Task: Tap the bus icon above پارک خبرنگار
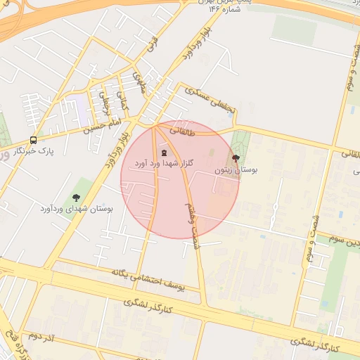point(34,139)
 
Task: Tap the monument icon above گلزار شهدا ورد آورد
point(165,153)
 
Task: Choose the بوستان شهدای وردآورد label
point(76,209)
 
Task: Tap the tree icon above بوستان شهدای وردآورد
point(76,198)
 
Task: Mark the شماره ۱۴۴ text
point(224,11)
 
